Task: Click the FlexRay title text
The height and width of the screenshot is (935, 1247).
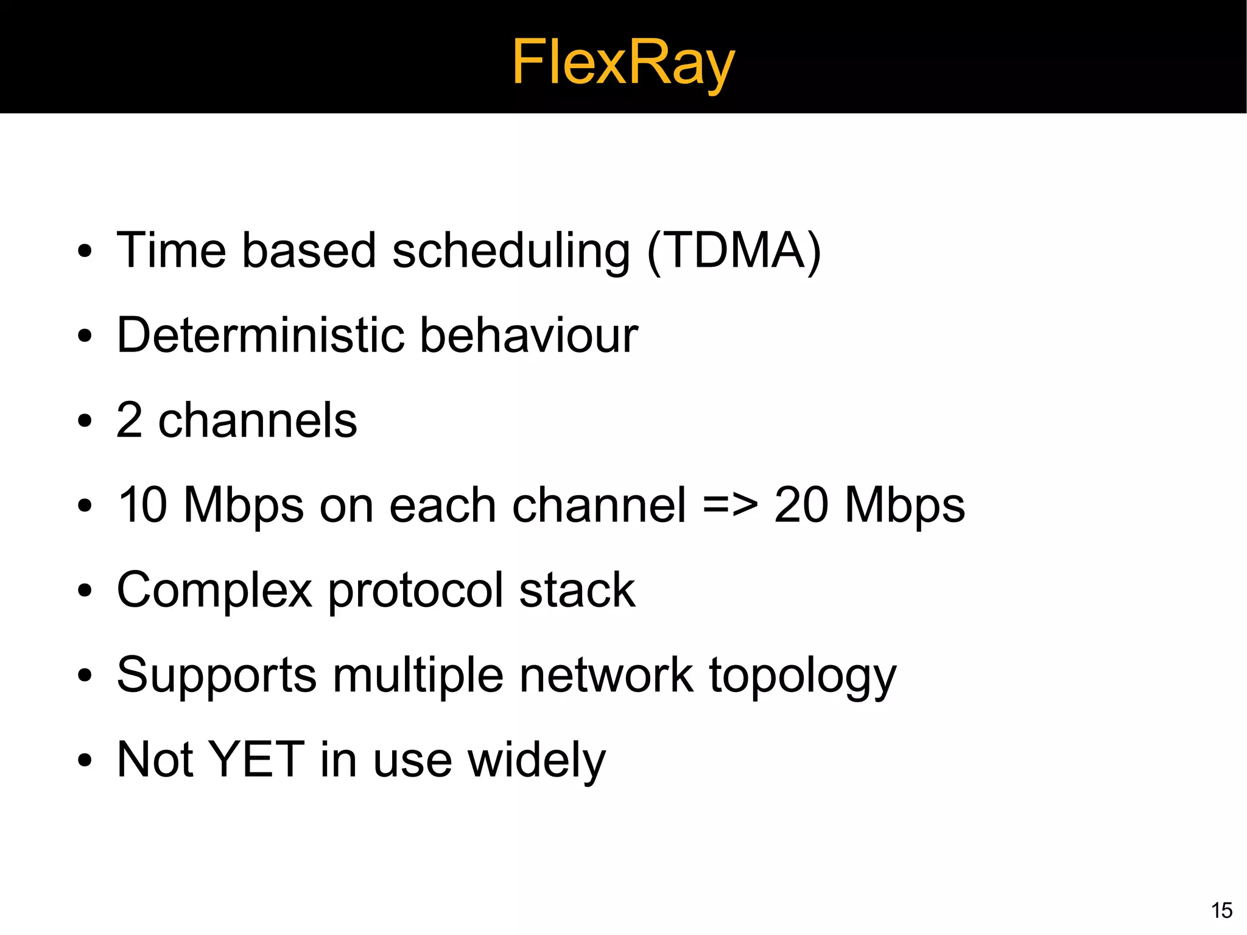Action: click(x=623, y=62)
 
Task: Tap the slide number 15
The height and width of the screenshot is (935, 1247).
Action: click(x=1221, y=910)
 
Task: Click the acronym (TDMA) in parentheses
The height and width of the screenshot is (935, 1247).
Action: click(x=734, y=251)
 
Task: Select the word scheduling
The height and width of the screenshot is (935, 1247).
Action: click(x=511, y=251)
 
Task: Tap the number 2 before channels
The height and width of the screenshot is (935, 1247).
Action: click(x=129, y=420)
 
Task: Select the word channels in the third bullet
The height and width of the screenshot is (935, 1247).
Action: click(x=257, y=420)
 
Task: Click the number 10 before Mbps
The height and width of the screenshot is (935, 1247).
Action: click(x=141, y=505)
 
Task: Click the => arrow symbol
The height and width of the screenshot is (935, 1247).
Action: click(x=730, y=505)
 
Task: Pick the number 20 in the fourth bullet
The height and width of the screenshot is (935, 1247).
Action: click(x=801, y=505)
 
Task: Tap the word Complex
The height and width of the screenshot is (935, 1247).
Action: click(x=214, y=590)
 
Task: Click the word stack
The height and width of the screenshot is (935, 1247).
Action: click(x=577, y=590)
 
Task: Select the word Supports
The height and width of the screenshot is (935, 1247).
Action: click(x=217, y=675)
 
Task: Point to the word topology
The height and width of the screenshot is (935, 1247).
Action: click(x=803, y=676)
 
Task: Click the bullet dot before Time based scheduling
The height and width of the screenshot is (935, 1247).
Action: click(x=85, y=252)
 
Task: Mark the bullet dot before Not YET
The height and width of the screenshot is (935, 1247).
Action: click(x=85, y=760)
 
